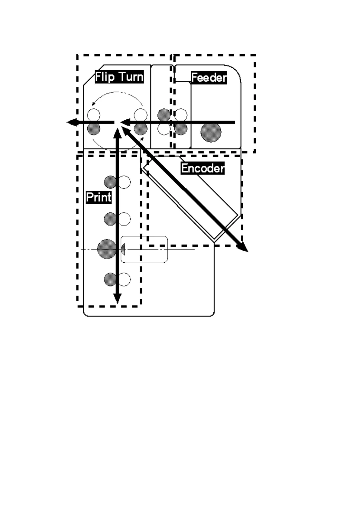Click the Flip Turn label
[x=119, y=77]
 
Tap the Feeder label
[x=209, y=78]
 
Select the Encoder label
[x=203, y=168]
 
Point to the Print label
[x=99, y=197]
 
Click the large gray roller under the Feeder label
[x=211, y=132]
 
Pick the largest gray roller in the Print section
[x=106, y=249]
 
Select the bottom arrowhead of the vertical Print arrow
[x=117, y=299]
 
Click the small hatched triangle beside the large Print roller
[x=123, y=250]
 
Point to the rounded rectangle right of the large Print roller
[x=144, y=250]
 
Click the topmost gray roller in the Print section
[x=110, y=182]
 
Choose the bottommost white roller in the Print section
[x=124, y=279]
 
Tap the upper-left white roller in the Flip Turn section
[x=93, y=115]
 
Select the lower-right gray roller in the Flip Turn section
[x=141, y=129]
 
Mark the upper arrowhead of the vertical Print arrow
[x=117, y=133]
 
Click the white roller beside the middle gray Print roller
[x=124, y=219]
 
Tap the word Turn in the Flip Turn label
[x=131, y=77]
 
